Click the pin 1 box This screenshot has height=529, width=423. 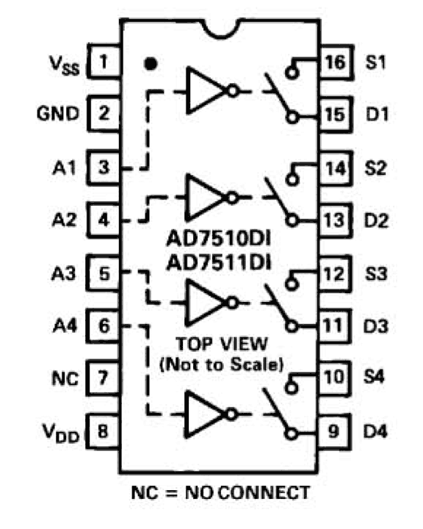(104, 62)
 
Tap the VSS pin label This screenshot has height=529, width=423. (65, 65)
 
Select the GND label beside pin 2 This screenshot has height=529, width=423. (58, 114)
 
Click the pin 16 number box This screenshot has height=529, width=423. (336, 62)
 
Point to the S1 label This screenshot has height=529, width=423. (375, 62)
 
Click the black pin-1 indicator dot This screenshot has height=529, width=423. (151, 63)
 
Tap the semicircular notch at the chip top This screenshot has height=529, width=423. (221, 29)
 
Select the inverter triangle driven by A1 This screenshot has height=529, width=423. (205, 90)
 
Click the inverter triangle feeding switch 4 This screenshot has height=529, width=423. (204, 414)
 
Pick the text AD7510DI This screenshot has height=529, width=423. (219, 239)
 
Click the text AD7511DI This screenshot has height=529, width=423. (219, 262)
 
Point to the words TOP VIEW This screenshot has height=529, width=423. (222, 344)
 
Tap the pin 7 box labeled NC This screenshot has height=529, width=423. (103, 378)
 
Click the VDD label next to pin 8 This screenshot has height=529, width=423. (61, 433)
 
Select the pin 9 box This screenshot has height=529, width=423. (333, 431)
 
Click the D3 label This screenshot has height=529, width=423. (375, 326)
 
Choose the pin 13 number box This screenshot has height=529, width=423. (335, 220)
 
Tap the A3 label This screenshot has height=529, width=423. (64, 273)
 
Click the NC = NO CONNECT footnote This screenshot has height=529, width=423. (220, 492)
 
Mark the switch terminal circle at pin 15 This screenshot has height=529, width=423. (292, 118)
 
